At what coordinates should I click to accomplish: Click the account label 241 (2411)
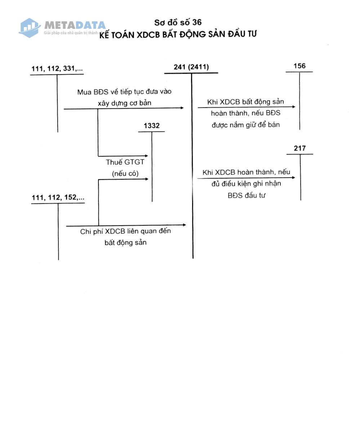pos(191,67)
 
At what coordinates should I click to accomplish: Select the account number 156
pos(299,66)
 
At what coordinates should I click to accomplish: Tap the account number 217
pos(299,148)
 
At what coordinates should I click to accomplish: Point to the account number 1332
pos(152,125)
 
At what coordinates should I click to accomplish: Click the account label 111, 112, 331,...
pos(57,68)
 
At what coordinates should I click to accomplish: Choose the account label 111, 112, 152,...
pos(58,197)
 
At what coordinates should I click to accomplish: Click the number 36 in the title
pos(197,22)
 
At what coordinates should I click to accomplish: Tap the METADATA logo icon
pos(29,28)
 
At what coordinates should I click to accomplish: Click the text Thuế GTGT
pos(125,162)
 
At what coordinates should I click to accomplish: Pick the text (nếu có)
pos(125,174)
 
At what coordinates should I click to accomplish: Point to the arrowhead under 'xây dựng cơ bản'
pos(182,108)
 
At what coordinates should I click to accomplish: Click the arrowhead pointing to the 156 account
pos(293,107)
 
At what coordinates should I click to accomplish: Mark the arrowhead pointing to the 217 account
pos(293,177)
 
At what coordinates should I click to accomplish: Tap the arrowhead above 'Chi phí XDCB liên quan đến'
pos(185,225)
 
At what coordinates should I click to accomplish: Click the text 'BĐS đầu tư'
pos(246,195)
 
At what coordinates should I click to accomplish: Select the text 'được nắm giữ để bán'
pos(246,125)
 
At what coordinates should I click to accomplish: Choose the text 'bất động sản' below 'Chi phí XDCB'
pos(125,242)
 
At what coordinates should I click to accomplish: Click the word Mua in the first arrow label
pos(84,92)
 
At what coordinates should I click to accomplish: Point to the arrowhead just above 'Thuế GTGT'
pos(146,156)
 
